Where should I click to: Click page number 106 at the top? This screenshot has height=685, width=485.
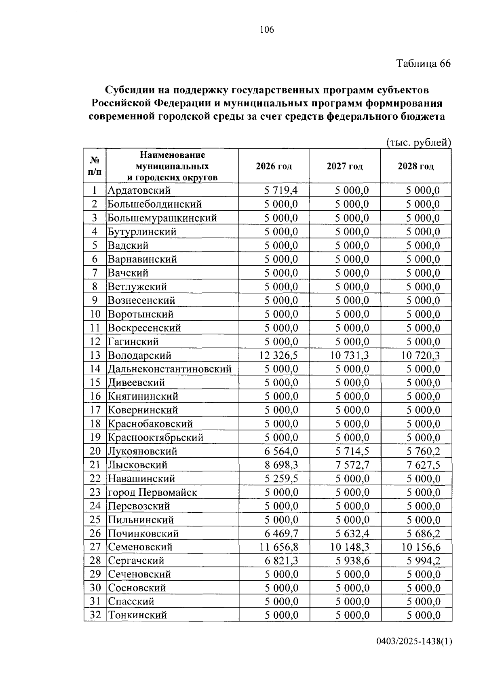tap(267, 30)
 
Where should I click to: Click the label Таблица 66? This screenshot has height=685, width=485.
tap(423, 64)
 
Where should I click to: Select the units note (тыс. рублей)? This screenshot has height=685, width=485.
tap(418, 142)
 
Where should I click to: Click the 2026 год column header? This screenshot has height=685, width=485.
tap(274, 166)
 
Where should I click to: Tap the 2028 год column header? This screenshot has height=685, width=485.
tap(415, 166)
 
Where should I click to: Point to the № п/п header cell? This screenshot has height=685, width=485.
tap(95, 166)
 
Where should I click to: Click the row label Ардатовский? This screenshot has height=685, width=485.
tap(139, 190)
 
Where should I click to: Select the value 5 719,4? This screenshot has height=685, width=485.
tap(281, 190)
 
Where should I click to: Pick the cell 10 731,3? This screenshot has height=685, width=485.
tap(349, 355)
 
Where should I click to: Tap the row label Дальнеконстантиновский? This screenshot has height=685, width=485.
tap(169, 369)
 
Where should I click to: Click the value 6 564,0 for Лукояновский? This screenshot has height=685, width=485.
tap(281, 451)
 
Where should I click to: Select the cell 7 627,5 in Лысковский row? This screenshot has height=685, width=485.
tap(423, 465)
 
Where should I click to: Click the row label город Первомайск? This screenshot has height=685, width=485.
tap(152, 493)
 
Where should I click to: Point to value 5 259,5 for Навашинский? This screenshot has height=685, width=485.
tap(281, 479)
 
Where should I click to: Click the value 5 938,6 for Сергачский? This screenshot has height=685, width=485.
tap(352, 561)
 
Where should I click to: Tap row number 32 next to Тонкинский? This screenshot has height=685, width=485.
tap(95, 615)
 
